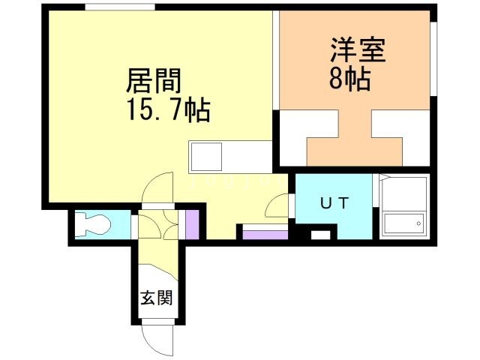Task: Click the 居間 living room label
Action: coord(154,80)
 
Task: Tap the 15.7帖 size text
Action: coord(168,110)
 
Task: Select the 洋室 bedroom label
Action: coord(358,49)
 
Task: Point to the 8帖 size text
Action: coord(350,79)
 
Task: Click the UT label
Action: coord(334,203)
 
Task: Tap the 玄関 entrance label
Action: coord(157,297)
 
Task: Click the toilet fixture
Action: coord(92,225)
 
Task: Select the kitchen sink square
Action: coord(206,157)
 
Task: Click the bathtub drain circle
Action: coord(418,223)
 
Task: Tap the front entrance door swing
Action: coord(157,338)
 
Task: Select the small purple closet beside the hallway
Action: coord(192,225)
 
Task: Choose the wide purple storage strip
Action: coord(265,235)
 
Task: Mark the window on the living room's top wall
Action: coord(120,7)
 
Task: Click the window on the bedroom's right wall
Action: coord(433,58)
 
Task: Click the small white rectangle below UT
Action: coord(321,235)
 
